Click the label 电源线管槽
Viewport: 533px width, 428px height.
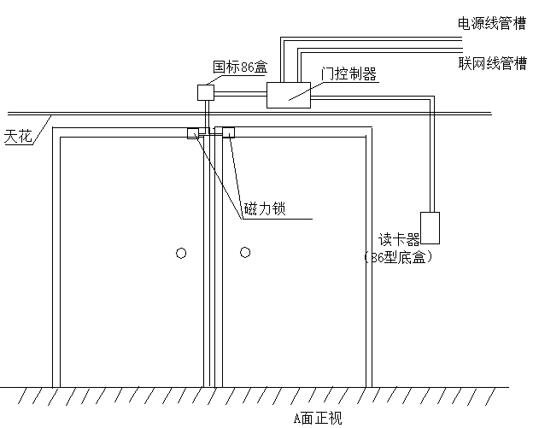(492, 23)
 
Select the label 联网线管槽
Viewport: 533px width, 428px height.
(492, 64)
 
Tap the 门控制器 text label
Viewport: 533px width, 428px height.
(348, 74)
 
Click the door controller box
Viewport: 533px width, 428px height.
(288, 94)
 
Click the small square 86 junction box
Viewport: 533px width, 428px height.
(206, 91)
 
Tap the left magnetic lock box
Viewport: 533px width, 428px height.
(193, 132)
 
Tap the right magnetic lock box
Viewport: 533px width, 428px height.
(229, 132)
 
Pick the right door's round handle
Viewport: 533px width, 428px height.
(245, 252)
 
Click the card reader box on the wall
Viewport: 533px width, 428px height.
(430, 227)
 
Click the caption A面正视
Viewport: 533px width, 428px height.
(317, 418)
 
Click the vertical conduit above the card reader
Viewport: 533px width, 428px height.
(430, 162)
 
